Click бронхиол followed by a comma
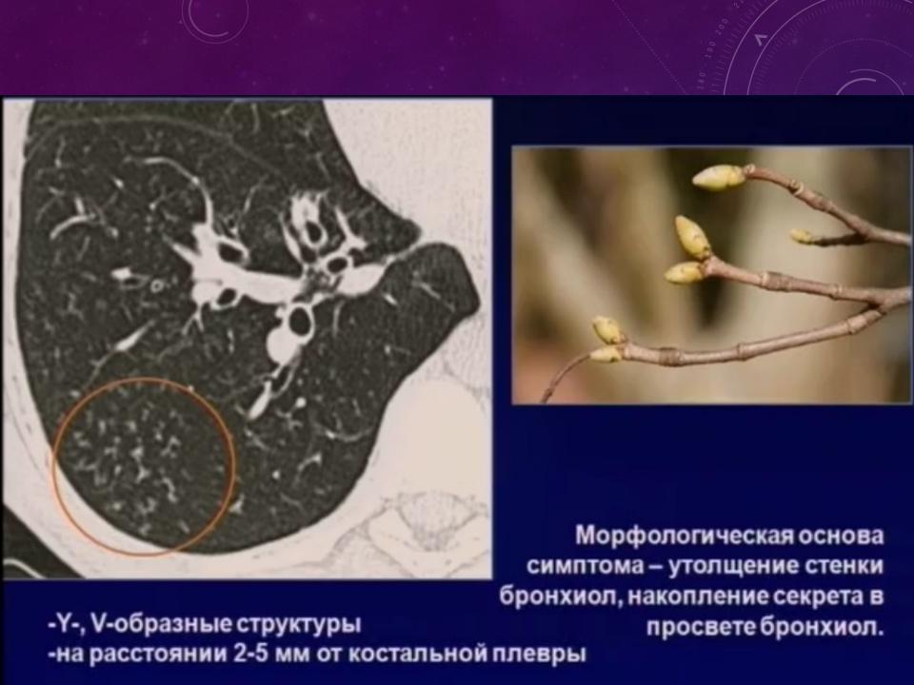pyautogui.click(x=562, y=597)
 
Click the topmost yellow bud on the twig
pyautogui.click(x=718, y=177)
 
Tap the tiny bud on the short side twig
pyautogui.click(x=802, y=235)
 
